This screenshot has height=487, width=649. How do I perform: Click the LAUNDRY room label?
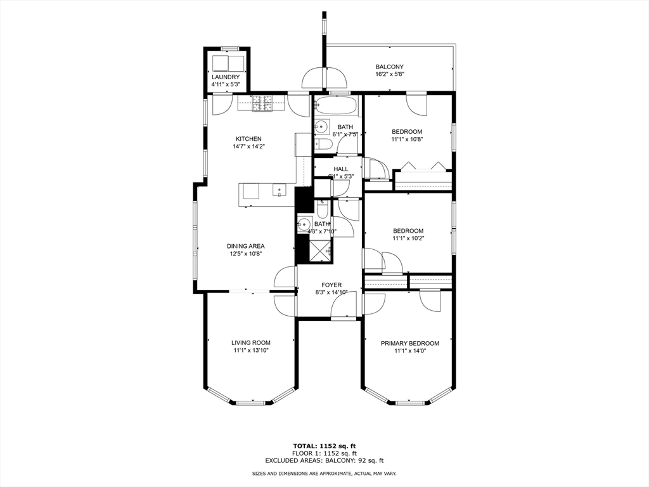[x=226, y=77]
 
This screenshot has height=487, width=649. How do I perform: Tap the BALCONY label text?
[x=389, y=67]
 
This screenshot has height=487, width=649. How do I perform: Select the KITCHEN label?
[x=248, y=139]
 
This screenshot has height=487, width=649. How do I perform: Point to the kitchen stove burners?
[x=262, y=103]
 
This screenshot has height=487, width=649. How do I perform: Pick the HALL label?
[x=341, y=169]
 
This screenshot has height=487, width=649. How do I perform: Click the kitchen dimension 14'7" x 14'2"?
[x=248, y=146]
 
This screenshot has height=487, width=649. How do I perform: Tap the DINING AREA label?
[x=246, y=246]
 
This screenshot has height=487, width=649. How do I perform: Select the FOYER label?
[x=330, y=285]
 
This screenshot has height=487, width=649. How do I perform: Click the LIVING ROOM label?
[x=251, y=343]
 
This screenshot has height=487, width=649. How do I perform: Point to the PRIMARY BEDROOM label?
[x=409, y=344]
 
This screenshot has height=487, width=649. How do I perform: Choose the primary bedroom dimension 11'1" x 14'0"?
[x=409, y=351]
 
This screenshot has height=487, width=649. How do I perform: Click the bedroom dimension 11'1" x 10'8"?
[x=406, y=140]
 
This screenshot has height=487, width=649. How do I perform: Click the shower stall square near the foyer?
[x=321, y=251]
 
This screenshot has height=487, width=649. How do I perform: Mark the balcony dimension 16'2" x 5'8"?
[x=389, y=74]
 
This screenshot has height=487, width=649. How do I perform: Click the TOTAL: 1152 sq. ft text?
[x=324, y=445]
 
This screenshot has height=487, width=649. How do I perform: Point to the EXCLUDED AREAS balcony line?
[x=324, y=461]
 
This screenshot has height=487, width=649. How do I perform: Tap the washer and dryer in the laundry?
[x=228, y=63]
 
